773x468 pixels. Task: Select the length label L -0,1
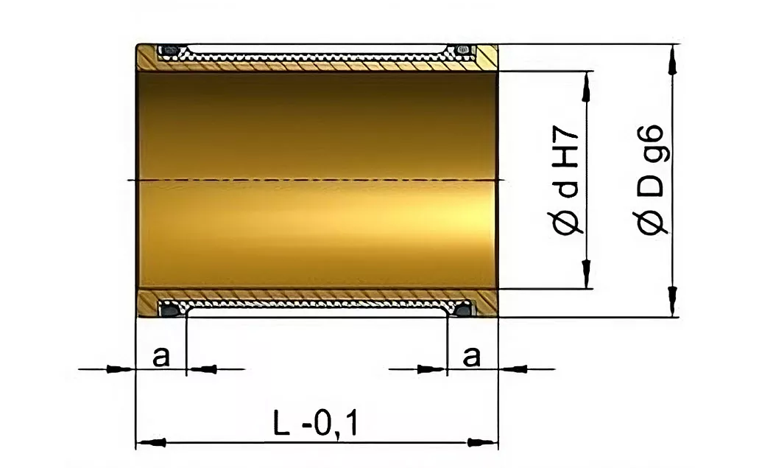316,424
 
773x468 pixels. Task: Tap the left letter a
160,356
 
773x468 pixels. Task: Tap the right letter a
471,356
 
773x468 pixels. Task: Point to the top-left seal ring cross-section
169,50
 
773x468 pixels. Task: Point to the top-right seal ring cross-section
462,50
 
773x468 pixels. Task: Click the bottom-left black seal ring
169,310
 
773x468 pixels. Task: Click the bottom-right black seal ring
462,310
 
